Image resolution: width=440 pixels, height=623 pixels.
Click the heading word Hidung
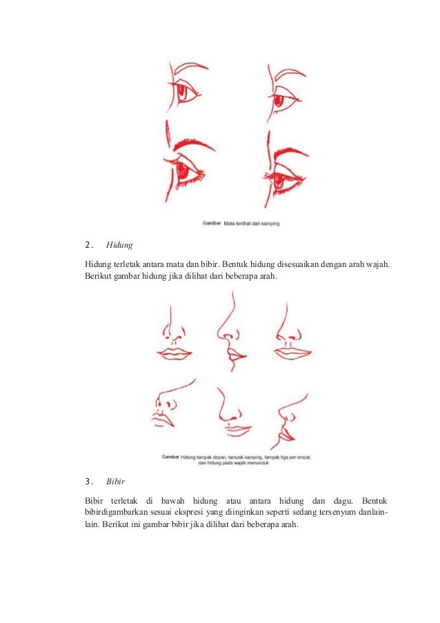pyautogui.click(x=119, y=245)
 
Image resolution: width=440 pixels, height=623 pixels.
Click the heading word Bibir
pyautogui.click(x=115, y=482)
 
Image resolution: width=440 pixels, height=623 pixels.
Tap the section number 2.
pyautogui.click(x=89, y=245)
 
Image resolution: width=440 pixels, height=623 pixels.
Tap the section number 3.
pyautogui.click(x=89, y=482)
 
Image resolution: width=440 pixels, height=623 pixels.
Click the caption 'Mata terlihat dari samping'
pyautogui.click(x=251, y=224)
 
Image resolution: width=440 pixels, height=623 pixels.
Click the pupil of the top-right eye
pyautogui.click(x=279, y=100)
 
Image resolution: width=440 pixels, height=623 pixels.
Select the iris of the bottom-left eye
pyautogui.click(x=182, y=170)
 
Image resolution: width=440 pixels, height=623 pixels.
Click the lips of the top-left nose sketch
pyautogui.click(x=174, y=354)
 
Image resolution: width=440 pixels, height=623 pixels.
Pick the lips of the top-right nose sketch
pyautogui.click(x=292, y=353)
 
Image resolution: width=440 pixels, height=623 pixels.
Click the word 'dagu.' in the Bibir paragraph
pyautogui.click(x=343, y=501)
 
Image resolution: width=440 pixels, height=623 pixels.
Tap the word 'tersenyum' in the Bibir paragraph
pyautogui.click(x=337, y=512)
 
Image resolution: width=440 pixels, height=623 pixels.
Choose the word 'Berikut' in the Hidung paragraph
pyautogui.click(x=98, y=276)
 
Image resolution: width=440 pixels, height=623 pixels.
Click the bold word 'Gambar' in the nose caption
pyautogui.click(x=170, y=457)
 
